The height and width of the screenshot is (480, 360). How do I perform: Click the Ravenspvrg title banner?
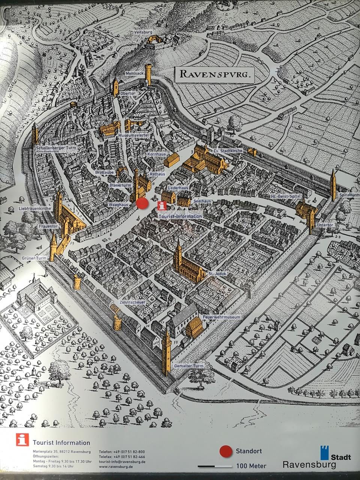(x=214, y=74)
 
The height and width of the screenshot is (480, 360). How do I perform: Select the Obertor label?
(x=128, y=93)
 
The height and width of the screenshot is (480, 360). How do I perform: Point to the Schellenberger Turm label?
(x=56, y=148)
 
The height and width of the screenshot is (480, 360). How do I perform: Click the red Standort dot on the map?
(x=142, y=204)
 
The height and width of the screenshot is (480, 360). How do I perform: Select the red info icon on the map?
(x=162, y=205)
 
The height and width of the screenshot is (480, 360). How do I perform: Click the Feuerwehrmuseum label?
(x=221, y=317)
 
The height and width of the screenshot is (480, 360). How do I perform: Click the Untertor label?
(x=325, y=225)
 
